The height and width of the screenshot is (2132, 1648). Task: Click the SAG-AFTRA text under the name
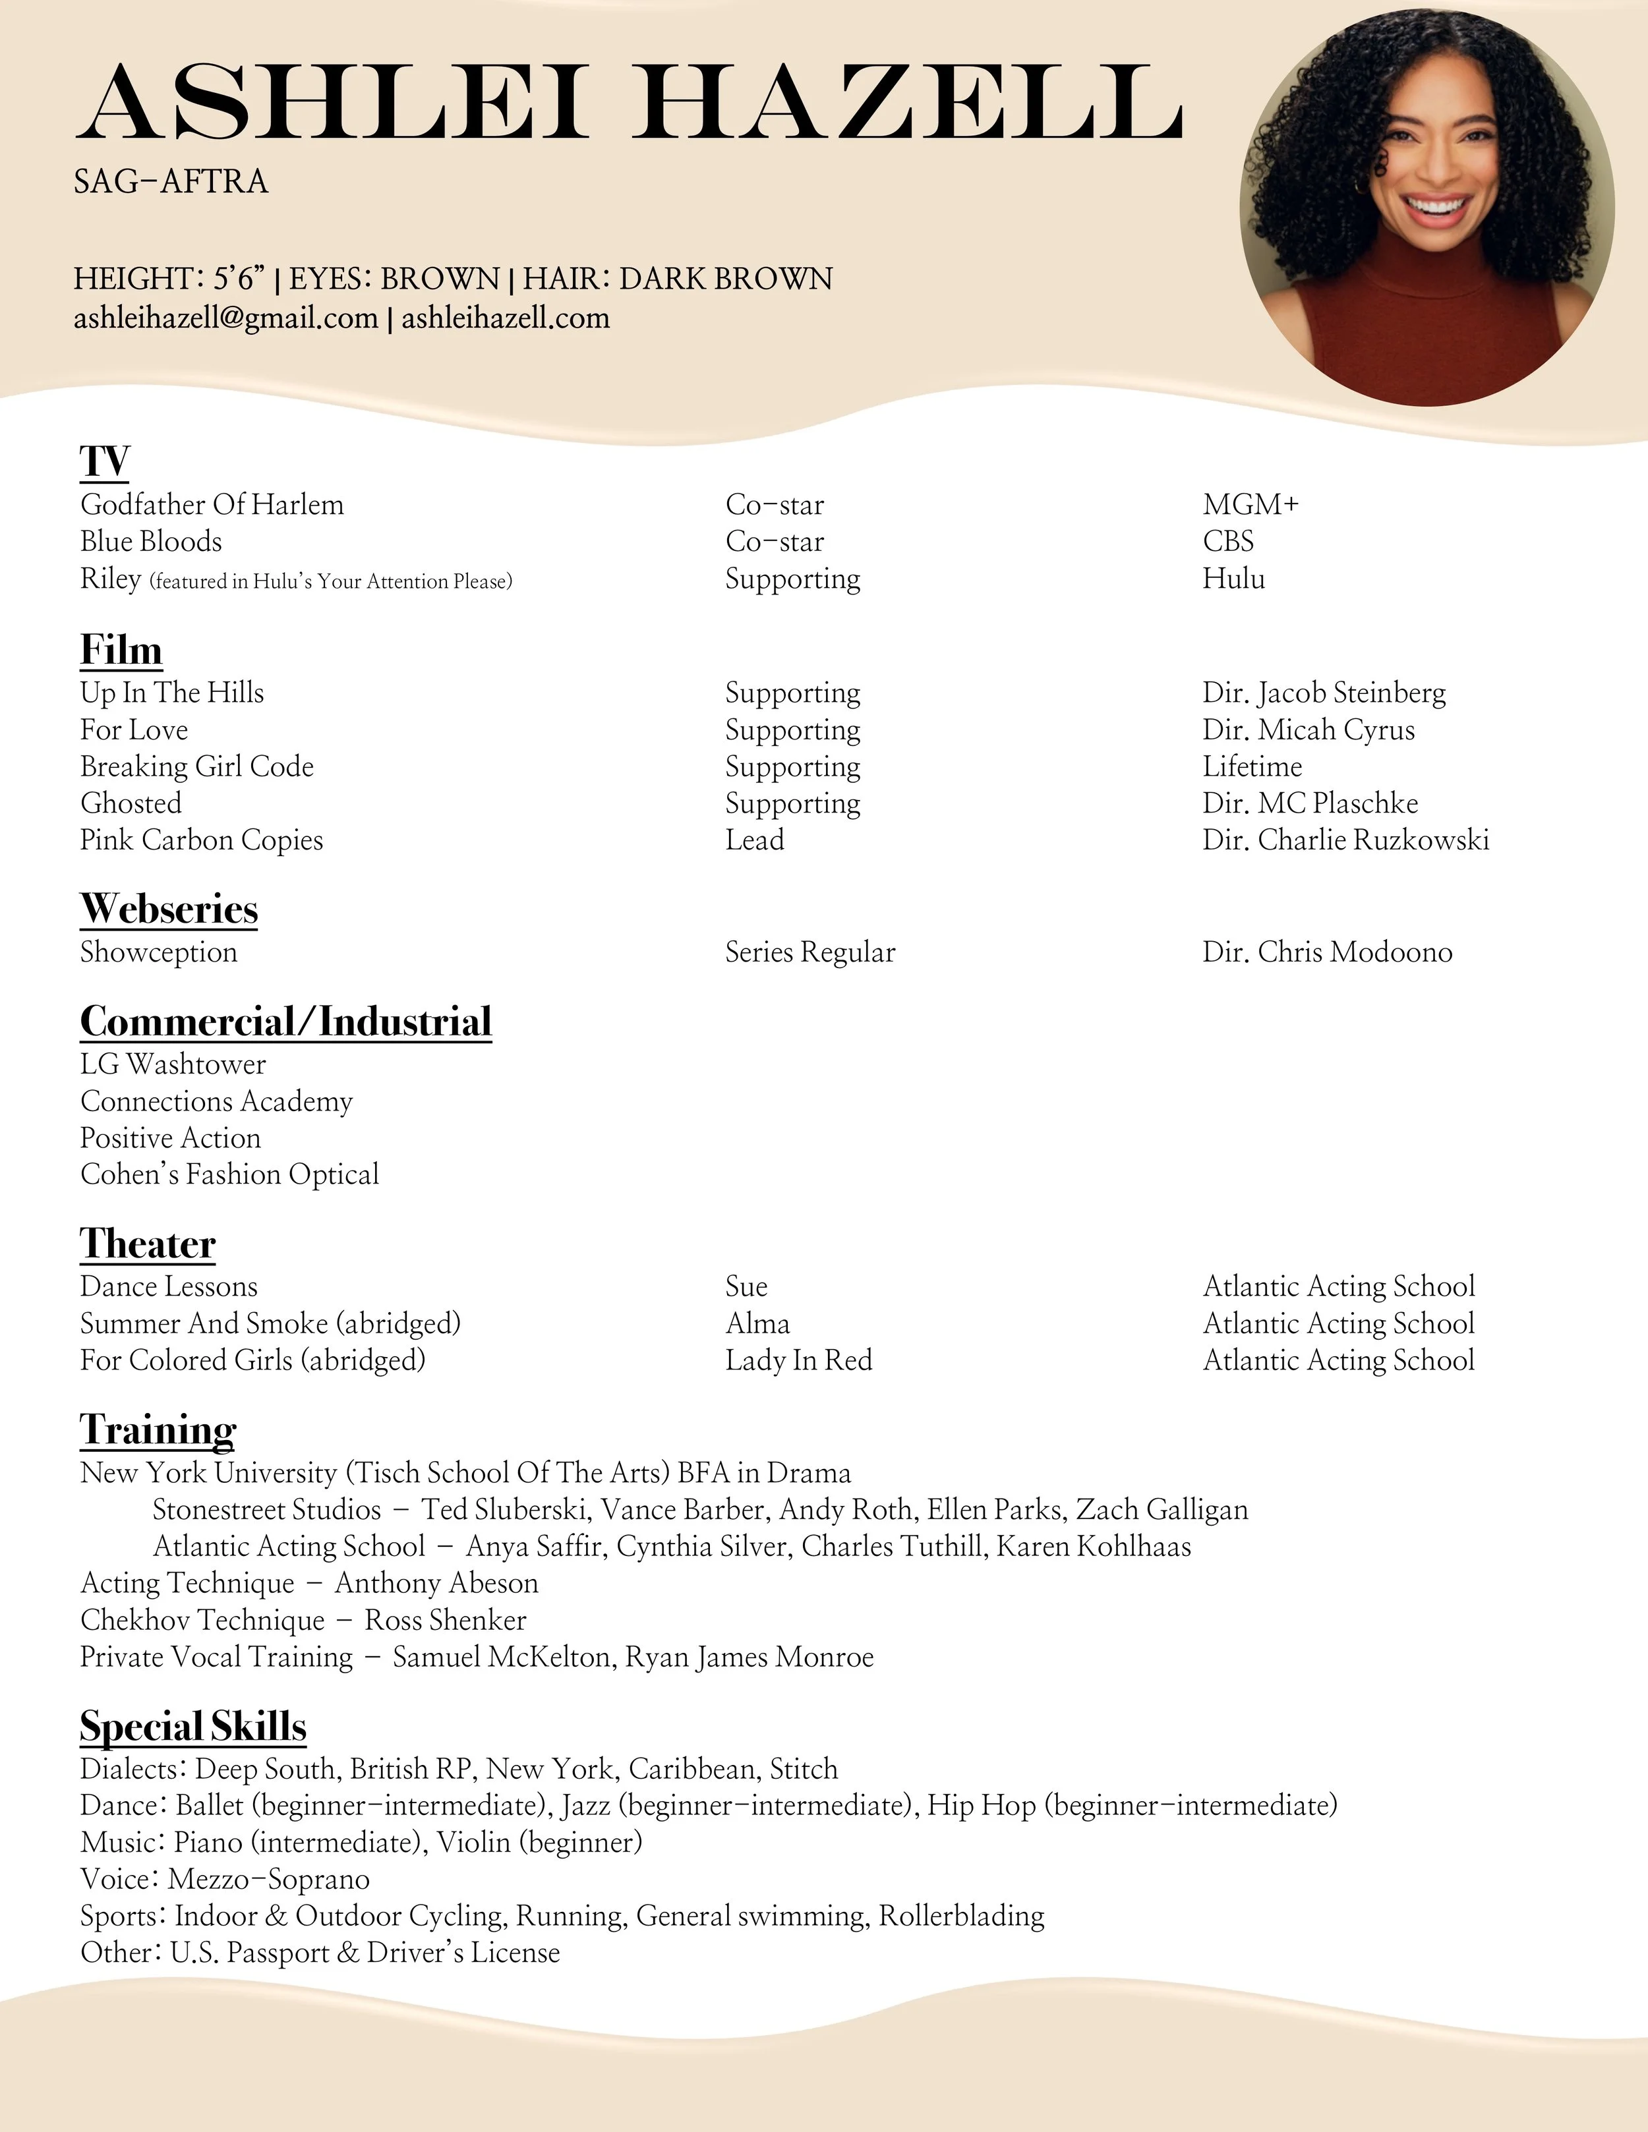[x=171, y=182]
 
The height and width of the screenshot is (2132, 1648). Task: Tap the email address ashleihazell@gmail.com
[x=225, y=318]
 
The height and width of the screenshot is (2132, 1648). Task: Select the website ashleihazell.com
[x=506, y=318]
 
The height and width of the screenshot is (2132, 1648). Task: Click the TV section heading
[x=104, y=461]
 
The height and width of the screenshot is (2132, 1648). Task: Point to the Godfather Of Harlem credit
[x=212, y=505]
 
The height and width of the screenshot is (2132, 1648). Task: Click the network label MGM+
[x=1251, y=505]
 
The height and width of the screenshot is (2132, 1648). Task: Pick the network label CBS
[x=1228, y=542]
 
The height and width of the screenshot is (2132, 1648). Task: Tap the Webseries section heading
[x=169, y=909]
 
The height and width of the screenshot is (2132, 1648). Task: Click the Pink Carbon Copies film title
[x=201, y=840]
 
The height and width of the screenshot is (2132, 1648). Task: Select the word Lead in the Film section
[x=755, y=840]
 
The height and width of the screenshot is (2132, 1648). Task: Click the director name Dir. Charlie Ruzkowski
[x=1345, y=840]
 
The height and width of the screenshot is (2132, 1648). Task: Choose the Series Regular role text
[x=809, y=953]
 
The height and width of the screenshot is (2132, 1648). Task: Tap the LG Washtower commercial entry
[x=173, y=1064]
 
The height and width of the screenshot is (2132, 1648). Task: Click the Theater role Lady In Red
[x=798, y=1361]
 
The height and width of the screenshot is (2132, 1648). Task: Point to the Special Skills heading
[x=193, y=1727]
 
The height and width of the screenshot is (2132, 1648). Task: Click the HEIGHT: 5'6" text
[x=169, y=279]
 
